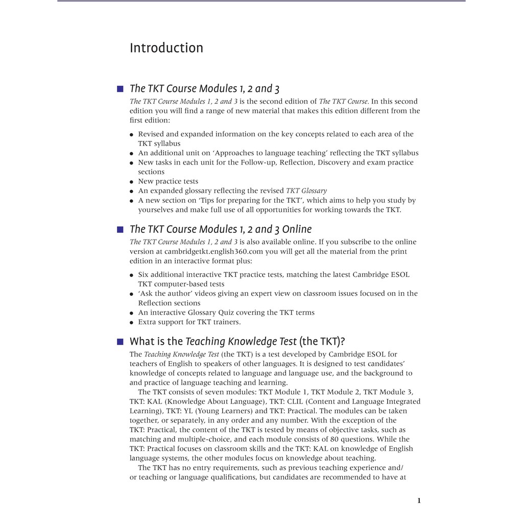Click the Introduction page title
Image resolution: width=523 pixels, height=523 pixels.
(166, 48)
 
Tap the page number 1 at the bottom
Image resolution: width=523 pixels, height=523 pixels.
(419, 501)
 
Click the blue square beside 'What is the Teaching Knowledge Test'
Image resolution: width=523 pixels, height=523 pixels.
(120, 342)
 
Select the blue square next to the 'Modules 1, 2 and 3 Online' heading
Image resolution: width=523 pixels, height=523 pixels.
(120, 229)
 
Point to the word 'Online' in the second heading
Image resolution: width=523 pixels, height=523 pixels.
(297, 229)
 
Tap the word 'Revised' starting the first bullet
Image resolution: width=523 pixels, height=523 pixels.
(151, 134)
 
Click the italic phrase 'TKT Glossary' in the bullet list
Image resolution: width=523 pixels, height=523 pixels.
(306, 191)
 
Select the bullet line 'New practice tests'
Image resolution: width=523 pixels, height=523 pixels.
(168, 181)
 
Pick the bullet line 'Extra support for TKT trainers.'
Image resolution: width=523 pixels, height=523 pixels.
(189, 322)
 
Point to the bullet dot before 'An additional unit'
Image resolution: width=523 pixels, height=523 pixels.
(132, 153)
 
